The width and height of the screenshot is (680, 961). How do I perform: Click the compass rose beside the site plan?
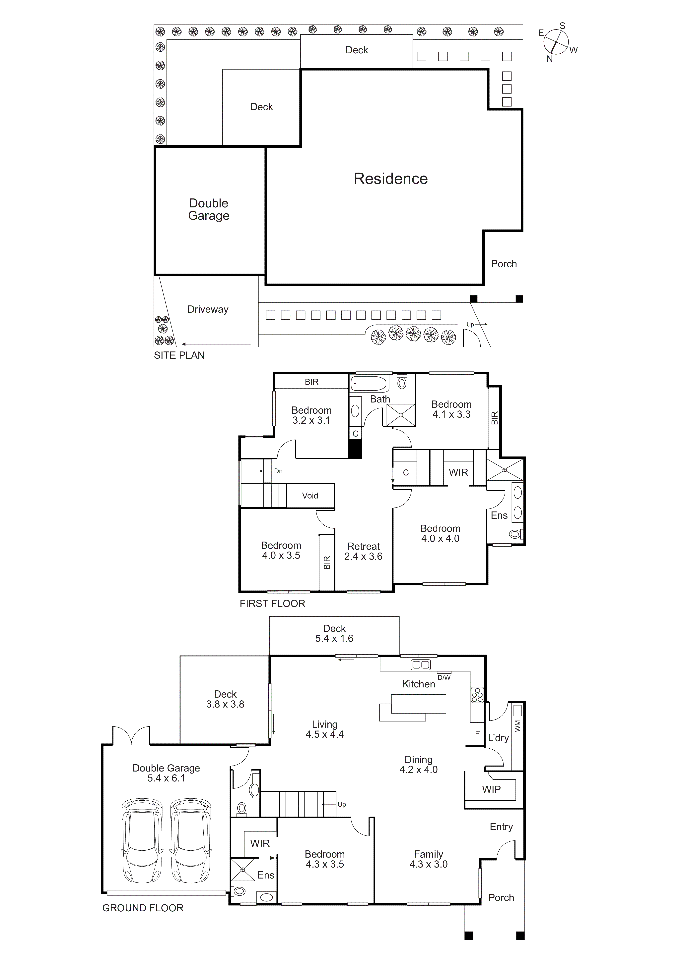pyautogui.click(x=556, y=42)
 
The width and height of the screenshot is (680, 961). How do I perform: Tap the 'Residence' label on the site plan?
pyautogui.click(x=390, y=179)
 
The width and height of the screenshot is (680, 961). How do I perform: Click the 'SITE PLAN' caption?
pyautogui.click(x=179, y=355)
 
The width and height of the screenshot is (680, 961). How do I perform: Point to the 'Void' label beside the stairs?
pyautogui.click(x=310, y=496)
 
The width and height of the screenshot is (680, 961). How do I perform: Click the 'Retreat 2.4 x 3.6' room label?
pyautogui.click(x=363, y=551)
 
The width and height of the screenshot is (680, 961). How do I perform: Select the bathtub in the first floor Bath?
pyautogui.click(x=368, y=383)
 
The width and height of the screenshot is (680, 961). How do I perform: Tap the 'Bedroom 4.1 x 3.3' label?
pyautogui.click(x=451, y=409)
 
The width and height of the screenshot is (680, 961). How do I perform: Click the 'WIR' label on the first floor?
pyautogui.click(x=458, y=473)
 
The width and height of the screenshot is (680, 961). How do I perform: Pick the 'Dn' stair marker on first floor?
pyautogui.click(x=278, y=471)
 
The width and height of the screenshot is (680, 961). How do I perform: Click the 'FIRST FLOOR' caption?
pyautogui.click(x=272, y=604)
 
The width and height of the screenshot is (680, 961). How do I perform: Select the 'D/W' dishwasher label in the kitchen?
pyautogui.click(x=444, y=678)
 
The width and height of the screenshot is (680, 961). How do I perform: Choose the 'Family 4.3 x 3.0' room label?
pyautogui.click(x=428, y=859)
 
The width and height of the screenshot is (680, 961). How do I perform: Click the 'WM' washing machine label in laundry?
pyautogui.click(x=517, y=725)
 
